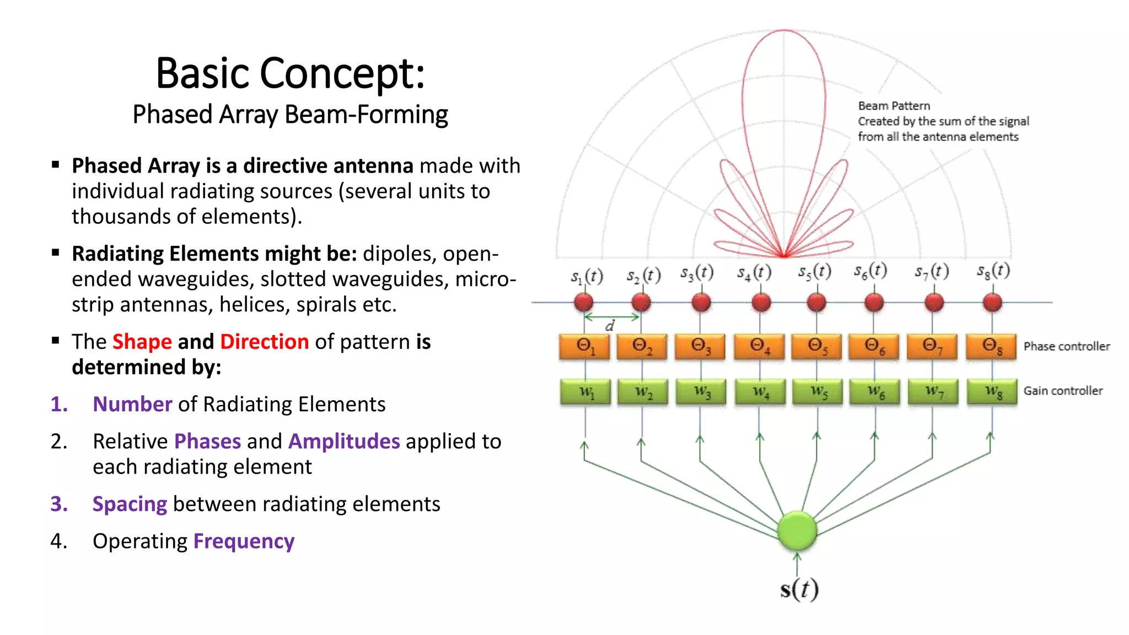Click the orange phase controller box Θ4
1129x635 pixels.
[x=759, y=346]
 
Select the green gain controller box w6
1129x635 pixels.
[x=875, y=391]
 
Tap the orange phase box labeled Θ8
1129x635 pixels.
[x=991, y=346]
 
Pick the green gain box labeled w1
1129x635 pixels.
[x=585, y=391]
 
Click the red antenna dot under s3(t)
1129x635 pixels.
[x=701, y=302]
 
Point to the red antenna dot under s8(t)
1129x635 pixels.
[x=992, y=302]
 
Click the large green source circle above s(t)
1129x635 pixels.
[x=797, y=530]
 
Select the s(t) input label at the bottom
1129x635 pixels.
[x=799, y=589]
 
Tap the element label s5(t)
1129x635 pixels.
[x=814, y=272]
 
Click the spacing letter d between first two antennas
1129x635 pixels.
[x=609, y=326]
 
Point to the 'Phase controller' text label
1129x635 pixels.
[x=1067, y=346]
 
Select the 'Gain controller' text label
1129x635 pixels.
[x=1063, y=391]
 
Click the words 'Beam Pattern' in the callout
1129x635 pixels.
[x=894, y=106]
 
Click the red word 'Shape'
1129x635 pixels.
[x=142, y=342]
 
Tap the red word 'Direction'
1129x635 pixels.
[x=265, y=342]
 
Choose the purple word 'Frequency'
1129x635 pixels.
[x=244, y=541]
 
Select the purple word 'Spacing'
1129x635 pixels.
[x=130, y=504]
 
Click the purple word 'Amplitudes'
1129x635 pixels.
[x=344, y=442]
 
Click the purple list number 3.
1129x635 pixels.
[x=58, y=504]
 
